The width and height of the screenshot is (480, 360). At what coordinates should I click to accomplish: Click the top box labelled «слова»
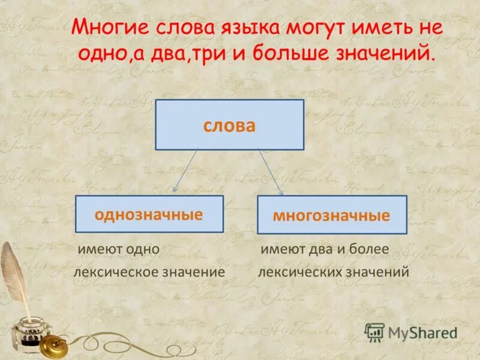[229, 125]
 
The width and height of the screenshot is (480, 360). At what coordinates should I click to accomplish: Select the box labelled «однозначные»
[149, 214]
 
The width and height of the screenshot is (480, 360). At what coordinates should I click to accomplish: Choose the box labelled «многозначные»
[332, 215]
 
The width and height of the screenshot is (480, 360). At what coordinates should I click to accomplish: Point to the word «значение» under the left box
[196, 272]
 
